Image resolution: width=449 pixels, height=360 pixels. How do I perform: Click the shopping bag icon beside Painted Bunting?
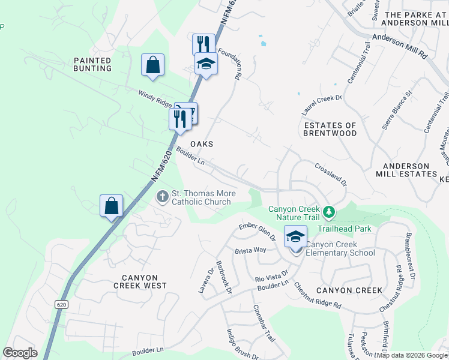(x=152, y=65)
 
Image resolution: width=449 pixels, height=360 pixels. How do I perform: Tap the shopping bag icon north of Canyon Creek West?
(x=111, y=206)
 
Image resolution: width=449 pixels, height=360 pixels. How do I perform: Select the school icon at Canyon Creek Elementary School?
(x=295, y=236)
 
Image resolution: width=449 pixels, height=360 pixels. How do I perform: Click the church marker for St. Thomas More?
(x=162, y=196)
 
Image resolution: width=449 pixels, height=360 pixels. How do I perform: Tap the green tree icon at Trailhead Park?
(x=328, y=212)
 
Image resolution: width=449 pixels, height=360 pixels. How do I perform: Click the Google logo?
(x=20, y=353)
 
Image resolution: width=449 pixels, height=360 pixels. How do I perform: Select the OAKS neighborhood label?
(x=202, y=145)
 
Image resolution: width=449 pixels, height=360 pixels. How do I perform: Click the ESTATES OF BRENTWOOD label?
(x=330, y=129)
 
